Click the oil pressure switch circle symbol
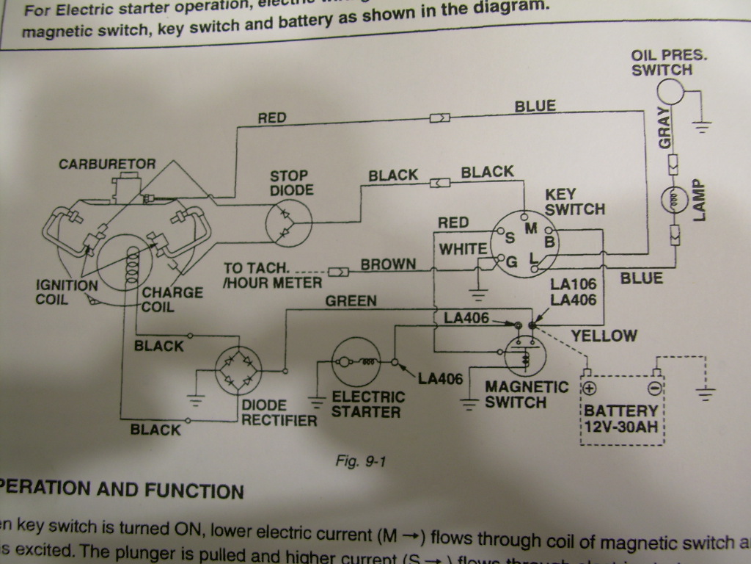(x=669, y=92)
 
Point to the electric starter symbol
(x=356, y=362)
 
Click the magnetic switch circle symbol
(x=525, y=356)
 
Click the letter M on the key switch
(x=532, y=228)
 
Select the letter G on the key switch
(x=512, y=261)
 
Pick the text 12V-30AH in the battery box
(x=620, y=427)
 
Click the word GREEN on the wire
(x=351, y=300)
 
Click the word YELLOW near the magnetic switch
(x=604, y=336)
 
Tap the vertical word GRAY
(x=664, y=128)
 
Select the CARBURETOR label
(x=107, y=164)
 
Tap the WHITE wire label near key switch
(x=463, y=250)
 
